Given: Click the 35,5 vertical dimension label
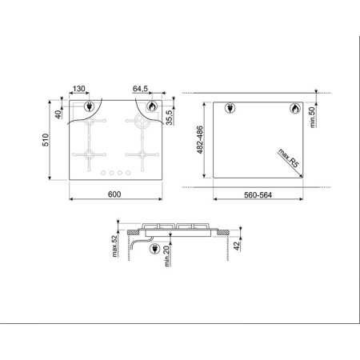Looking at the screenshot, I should [x=169, y=117].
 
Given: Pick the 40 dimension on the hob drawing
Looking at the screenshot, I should [x=58, y=113].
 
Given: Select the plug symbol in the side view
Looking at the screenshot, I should [x=154, y=248].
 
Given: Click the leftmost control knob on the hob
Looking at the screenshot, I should [x=102, y=172].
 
